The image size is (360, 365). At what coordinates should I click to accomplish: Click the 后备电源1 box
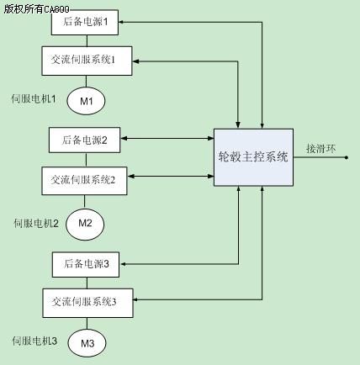click(85, 22)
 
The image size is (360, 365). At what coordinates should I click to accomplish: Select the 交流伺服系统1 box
click(87, 61)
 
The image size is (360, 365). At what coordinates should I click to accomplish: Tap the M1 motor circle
click(86, 101)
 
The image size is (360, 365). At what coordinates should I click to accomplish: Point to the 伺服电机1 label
click(34, 98)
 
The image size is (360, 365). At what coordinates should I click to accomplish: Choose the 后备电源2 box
click(85, 140)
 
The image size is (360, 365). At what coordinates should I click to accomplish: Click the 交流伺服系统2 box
click(84, 181)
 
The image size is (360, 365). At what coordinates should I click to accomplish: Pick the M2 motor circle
click(85, 224)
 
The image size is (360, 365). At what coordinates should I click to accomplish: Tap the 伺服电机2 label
click(36, 224)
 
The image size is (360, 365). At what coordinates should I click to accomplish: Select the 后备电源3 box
click(86, 264)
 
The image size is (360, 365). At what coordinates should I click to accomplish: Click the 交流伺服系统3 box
click(87, 303)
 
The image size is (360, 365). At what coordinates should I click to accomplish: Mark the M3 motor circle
click(87, 343)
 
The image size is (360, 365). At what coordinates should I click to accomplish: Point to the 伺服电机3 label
click(34, 341)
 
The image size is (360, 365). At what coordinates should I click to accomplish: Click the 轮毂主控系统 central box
click(253, 157)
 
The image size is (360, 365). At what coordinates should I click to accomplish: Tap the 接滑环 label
click(320, 148)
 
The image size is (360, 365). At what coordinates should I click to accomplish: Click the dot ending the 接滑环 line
click(347, 157)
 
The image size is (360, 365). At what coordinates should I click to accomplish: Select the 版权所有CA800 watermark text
click(36, 9)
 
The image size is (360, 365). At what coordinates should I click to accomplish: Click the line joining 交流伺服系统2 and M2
click(84, 202)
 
